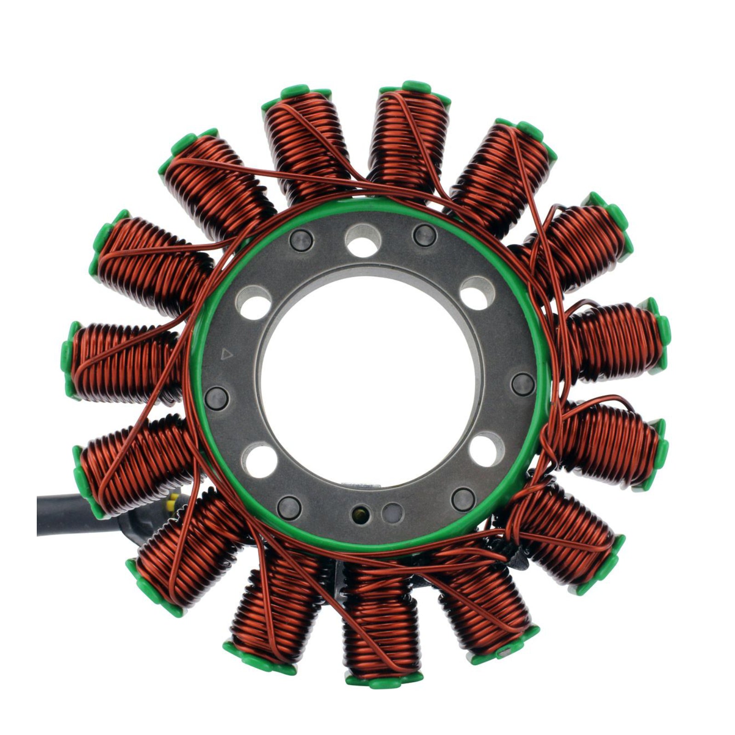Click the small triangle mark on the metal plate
(x=226, y=353)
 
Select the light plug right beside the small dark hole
(x=393, y=512)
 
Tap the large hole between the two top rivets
(x=364, y=240)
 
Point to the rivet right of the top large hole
(x=424, y=235)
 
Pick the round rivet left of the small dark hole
(x=290, y=507)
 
